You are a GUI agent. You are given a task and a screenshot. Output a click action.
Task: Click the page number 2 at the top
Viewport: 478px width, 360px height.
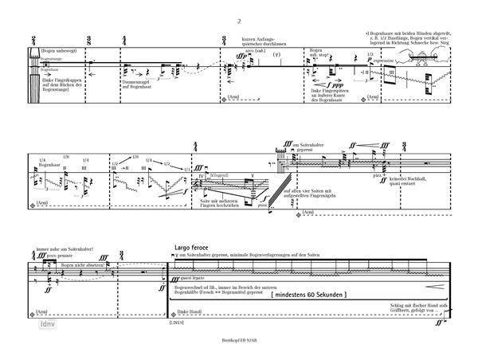pos(238,22)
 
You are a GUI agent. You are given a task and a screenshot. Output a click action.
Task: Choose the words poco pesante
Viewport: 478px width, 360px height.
pos(53,256)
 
